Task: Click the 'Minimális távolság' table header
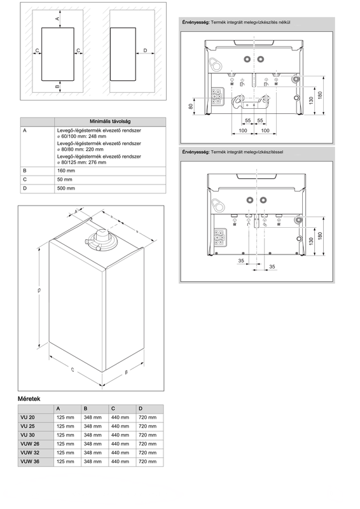(x=110, y=122)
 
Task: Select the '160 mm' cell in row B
(x=66, y=171)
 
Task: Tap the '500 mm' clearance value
(x=66, y=188)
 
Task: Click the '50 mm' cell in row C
(x=65, y=179)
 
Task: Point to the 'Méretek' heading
(x=29, y=399)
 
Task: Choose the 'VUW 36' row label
(x=30, y=461)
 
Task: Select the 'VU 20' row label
(x=27, y=417)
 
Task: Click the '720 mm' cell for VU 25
(x=148, y=426)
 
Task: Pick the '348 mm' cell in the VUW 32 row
(x=92, y=452)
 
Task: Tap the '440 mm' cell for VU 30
(x=120, y=435)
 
